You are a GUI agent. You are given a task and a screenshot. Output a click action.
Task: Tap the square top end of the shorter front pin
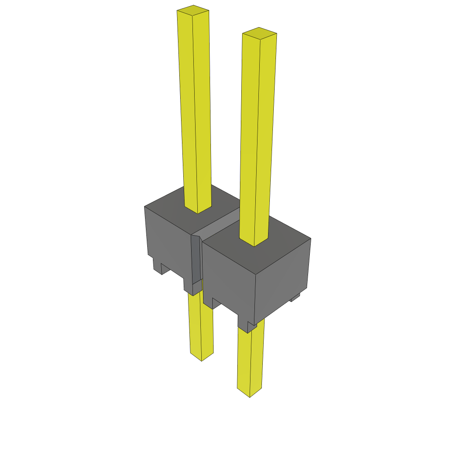tap(259, 33)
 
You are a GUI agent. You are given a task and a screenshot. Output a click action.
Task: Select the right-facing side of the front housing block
tap(283, 281)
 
